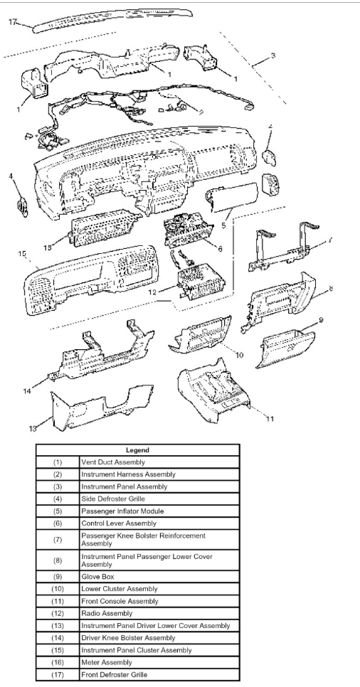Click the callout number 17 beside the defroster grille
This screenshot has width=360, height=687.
(12, 22)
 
